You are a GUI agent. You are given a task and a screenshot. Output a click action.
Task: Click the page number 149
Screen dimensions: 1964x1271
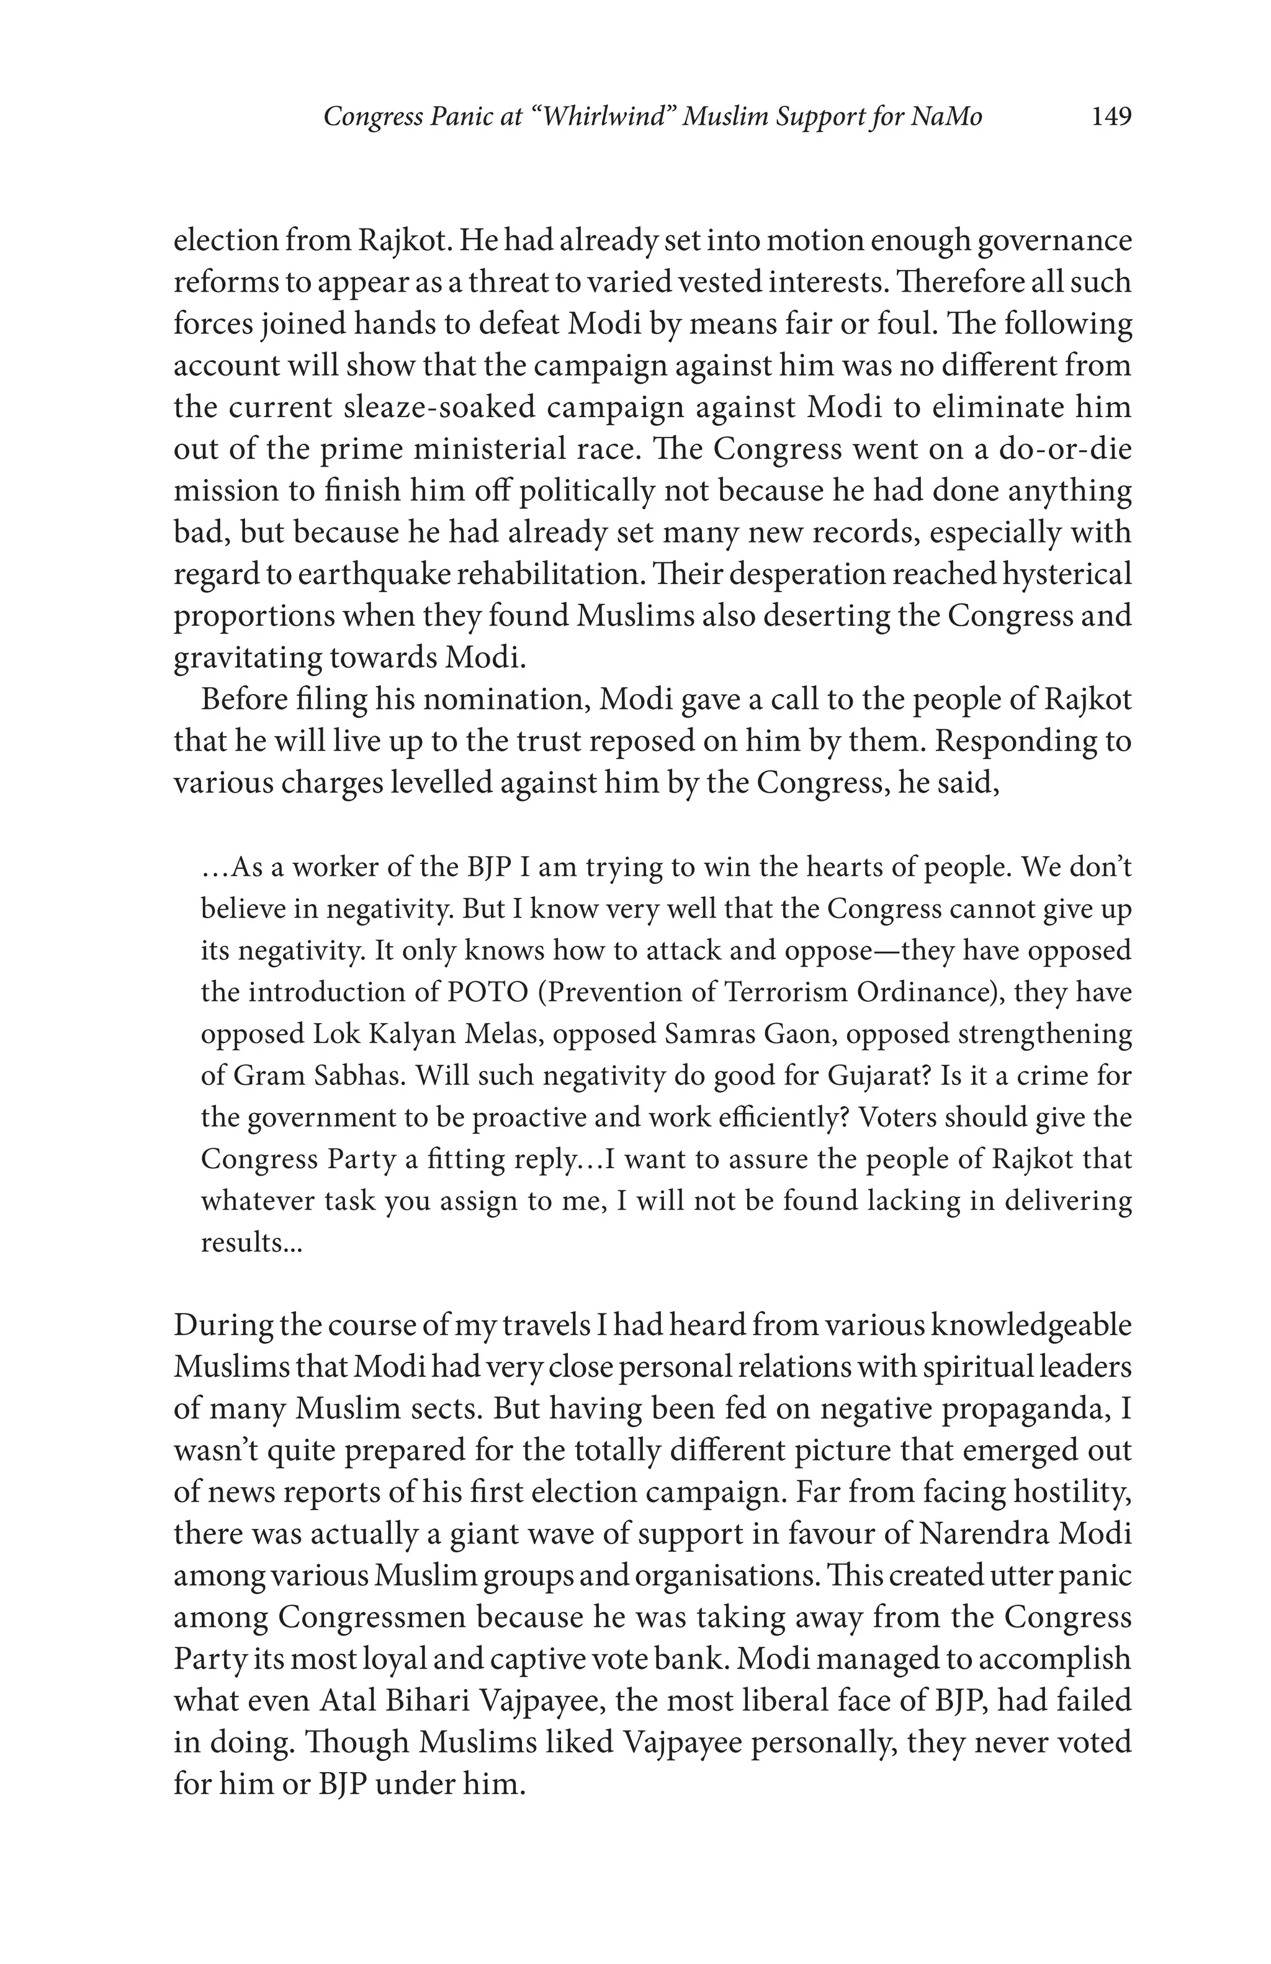1110,117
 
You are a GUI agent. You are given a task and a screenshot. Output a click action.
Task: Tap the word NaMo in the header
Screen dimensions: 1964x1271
946,117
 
